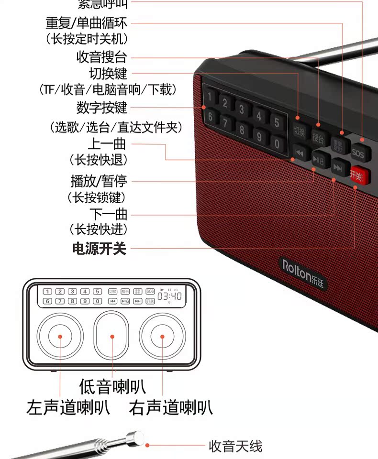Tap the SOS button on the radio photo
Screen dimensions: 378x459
[358, 153]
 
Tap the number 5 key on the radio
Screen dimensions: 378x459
[276, 121]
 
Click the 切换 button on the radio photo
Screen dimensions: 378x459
[300, 130]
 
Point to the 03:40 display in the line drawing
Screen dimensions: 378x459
[169, 296]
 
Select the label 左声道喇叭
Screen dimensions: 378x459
[68, 408]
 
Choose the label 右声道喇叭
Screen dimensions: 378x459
[170, 408]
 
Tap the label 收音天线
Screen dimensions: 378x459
[235, 447]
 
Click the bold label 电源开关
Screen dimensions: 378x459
[99, 249]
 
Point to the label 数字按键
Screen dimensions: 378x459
[102, 108]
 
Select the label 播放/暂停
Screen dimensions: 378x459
[99, 182]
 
